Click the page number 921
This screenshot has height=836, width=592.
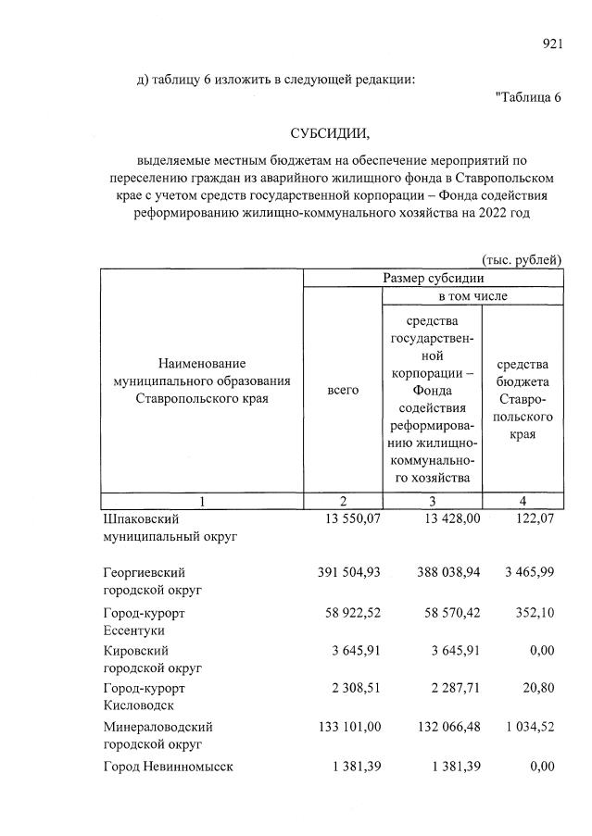553,43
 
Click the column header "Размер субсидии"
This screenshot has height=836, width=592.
433,278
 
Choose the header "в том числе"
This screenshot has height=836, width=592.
472,296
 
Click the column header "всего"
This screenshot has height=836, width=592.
343,392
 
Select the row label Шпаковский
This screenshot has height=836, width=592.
140,519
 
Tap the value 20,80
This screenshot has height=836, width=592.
537,689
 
